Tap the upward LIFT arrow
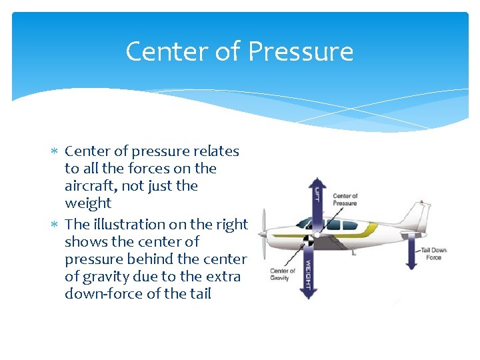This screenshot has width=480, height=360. [x=317, y=200]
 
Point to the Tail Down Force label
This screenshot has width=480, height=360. [x=433, y=253]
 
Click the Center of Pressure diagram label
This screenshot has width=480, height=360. [x=345, y=199]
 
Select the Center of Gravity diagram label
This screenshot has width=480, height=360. [x=282, y=274]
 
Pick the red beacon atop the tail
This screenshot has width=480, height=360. [x=421, y=199]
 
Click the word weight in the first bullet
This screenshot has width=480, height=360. [x=88, y=203]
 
